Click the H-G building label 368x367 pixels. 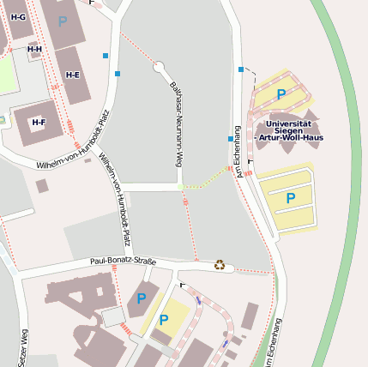(18, 17)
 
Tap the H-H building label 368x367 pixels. (34, 49)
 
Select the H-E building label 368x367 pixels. (72, 75)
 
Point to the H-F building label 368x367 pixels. (39, 123)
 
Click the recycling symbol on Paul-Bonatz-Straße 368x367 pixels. (220, 265)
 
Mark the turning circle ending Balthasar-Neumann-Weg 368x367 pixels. (159, 67)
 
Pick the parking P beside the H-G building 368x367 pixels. (62, 20)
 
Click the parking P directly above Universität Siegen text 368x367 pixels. (281, 94)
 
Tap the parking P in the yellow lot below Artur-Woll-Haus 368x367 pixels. (290, 198)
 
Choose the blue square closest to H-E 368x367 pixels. (118, 74)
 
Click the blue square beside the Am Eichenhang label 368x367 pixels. (230, 138)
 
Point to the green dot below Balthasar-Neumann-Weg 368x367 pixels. (180, 186)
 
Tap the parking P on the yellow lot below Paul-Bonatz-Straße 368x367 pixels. (163, 320)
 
